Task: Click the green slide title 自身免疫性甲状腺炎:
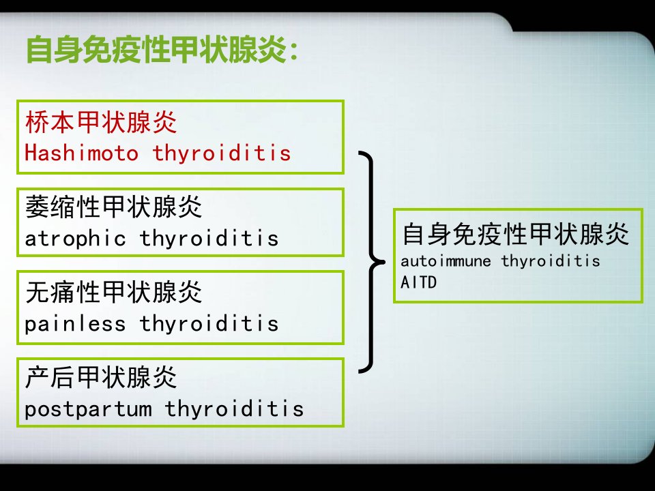(x=162, y=50)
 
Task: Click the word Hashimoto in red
(x=81, y=153)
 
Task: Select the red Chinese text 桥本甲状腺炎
(x=101, y=122)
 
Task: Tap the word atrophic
(x=75, y=239)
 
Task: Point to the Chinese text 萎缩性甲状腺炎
(x=114, y=207)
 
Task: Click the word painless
(x=75, y=323)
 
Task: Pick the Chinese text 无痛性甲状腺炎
(x=114, y=292)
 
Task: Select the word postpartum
(x=88, y=409)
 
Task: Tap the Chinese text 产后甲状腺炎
(x=101, y=377)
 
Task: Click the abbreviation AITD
(x=418, y=282)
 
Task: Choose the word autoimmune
(x=446, y=261)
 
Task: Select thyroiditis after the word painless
(x=209, y=323)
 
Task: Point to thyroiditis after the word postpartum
(x=234, y=408)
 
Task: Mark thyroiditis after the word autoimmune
(x=551, y=261)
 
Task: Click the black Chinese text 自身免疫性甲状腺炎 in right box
(x=516, y=234)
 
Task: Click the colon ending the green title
(x=293, y=53)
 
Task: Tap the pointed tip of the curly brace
(x=385, y=262)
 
